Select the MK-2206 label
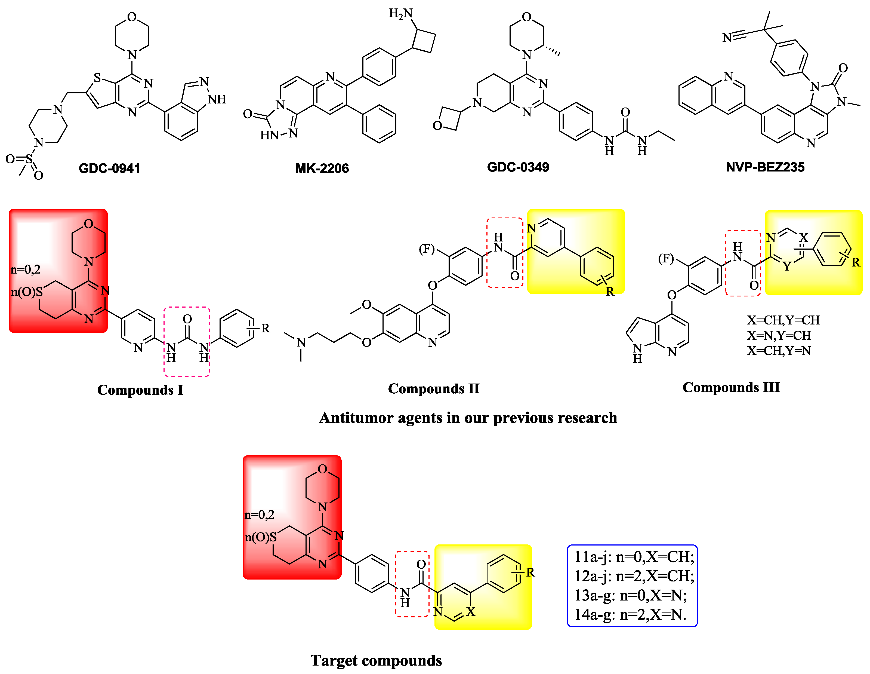(322, 168)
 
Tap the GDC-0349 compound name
(518, 167)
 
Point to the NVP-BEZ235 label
(765, 167)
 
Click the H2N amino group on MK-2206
(400, 14)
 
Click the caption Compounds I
(140, 390)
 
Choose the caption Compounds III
(731, 387)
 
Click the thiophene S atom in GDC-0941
(97, 78)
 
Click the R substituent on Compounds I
(265, 329)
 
